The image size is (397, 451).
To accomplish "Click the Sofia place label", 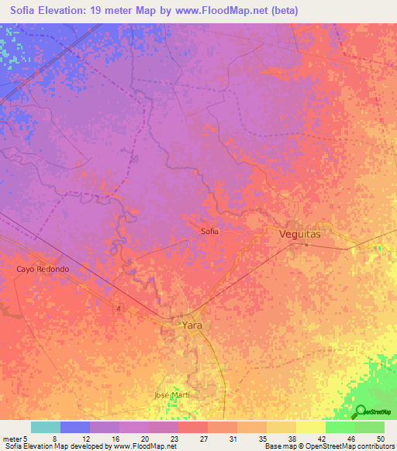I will pyautogui.click(x=209, y=231).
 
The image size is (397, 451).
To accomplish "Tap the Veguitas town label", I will pyautogui.click(x=299, y=233).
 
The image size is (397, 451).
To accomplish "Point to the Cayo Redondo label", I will pyautogui.click(x=43, y=269).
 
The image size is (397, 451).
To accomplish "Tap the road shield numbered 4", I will pyautogui.click(x=119, y=308).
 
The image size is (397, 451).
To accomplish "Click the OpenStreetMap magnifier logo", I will pyautogui.click(x=361, y=411).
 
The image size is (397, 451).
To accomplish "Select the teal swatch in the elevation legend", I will pyautogui.click(x=45, y=427).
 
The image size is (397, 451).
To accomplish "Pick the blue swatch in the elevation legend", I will pyautogui.click(x=74, y=427).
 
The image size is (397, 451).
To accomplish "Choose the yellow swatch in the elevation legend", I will pyautogui.click(x=310, y=427).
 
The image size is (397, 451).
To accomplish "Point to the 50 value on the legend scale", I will pyautogui.click(x=380, y=438).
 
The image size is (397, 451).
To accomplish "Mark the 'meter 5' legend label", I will pyautogui.click(x=16, y=438).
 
